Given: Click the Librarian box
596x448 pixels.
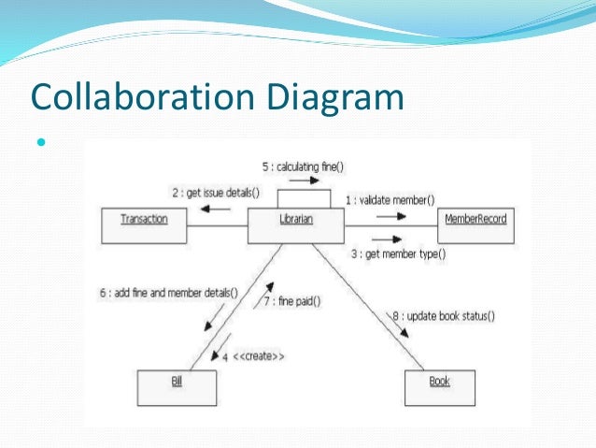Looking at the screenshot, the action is [296, 220].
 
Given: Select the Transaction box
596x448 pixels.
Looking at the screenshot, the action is [144, 220].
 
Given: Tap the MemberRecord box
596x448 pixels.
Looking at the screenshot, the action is [475, 220].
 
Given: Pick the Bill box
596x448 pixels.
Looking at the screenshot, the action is [177, 383].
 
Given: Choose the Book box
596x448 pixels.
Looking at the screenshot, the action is [439, 383].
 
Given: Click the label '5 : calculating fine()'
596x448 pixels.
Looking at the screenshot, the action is [303, 167].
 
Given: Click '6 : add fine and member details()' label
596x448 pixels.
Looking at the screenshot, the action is [169, 292].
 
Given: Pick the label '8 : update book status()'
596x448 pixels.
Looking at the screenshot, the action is [444, 316].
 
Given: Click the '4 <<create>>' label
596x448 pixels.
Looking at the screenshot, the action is [253, 356].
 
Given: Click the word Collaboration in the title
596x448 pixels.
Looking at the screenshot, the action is [138, 97].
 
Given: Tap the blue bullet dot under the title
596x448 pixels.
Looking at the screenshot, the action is [40, 145].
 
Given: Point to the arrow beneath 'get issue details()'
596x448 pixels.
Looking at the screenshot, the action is [216, 210].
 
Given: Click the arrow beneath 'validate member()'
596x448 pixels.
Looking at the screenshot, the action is [391, 213].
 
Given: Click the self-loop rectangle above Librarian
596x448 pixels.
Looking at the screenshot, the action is [303, 197].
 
